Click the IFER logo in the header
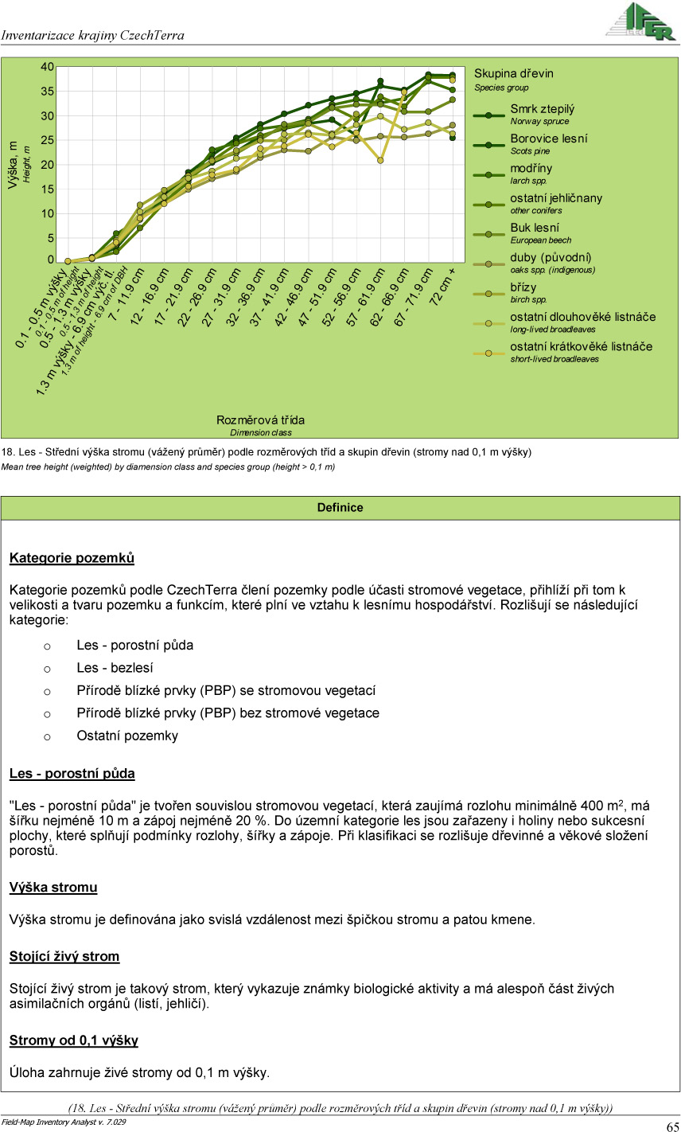[640, 22]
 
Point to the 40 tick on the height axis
[48, 67]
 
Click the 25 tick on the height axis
[48, 140]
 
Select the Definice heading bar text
[340, 508]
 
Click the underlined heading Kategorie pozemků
[72, 558]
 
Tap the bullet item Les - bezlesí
[115, 668]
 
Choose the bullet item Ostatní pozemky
[126, 736]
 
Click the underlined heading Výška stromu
[53, 888]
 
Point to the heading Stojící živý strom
[64, 957]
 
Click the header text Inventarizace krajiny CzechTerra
[92, 36]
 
